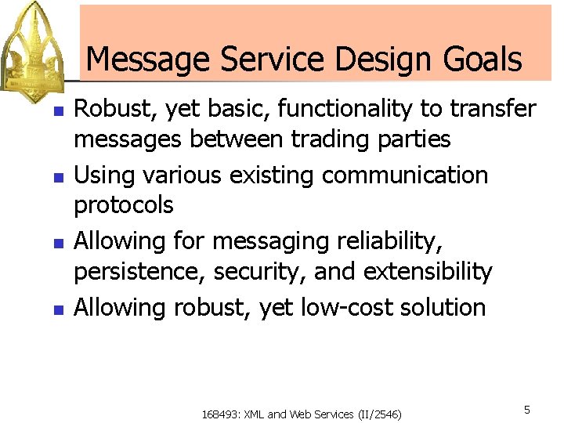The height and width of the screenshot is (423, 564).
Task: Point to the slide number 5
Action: (527, 410)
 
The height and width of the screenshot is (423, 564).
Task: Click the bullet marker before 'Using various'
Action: (56, 177)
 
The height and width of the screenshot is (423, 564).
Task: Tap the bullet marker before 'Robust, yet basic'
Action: (56, 111)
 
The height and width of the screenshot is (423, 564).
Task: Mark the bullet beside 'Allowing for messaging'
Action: (56, 244)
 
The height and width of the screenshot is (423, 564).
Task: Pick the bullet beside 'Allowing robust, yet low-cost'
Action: (56, 309)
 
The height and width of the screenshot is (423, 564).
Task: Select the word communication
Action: (405, 174)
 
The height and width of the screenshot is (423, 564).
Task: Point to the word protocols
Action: (124, 205)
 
